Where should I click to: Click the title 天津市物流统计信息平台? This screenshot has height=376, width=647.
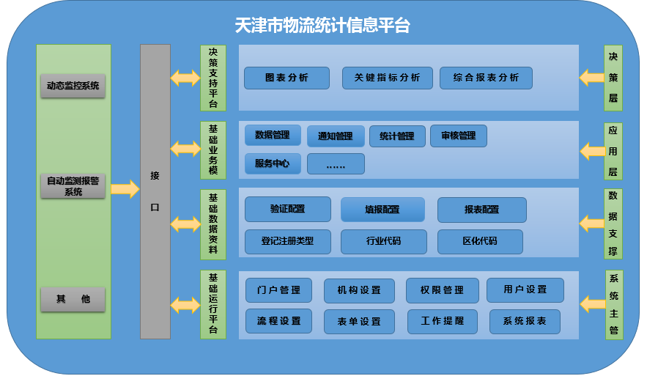click(322, 26)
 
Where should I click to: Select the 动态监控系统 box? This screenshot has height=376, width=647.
click(73, 86)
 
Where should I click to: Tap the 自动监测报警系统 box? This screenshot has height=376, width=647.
click(73, 186)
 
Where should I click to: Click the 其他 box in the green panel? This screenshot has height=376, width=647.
click(73, 299)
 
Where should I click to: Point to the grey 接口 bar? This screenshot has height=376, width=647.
click(155, 191)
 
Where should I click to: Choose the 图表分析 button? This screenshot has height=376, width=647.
click(286, 78)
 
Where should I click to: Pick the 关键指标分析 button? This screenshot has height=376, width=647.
click(387, 78)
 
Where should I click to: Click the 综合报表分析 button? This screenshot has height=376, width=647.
click(486, 78)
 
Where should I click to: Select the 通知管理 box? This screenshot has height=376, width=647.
click(335, 136)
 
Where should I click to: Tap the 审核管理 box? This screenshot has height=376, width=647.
click(458, 136)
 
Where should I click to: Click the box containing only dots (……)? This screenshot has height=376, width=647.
click(336, 164)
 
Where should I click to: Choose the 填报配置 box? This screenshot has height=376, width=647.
click(382, 210)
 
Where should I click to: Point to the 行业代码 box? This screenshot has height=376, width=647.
click(384, 241)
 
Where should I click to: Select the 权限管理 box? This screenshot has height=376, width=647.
click(442, 290)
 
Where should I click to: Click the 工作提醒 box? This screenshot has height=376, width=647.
click(442, 322)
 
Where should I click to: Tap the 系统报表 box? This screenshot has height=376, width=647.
click(524, 322)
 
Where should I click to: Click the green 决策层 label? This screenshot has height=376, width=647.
click(613, 77)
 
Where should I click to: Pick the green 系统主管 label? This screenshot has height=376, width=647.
click(613, 304)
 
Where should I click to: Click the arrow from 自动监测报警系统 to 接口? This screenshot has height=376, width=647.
click(125, 190)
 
